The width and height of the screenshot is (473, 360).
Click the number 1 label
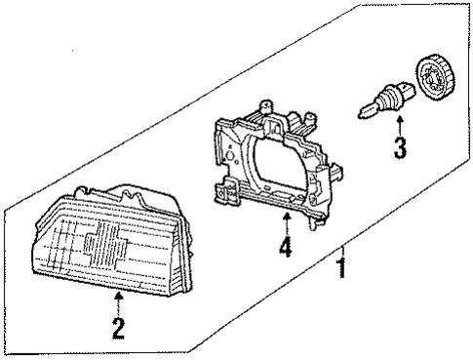coord(341,265)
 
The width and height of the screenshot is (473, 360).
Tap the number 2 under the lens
coord(118,328)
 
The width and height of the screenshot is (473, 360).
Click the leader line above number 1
coord(341,234)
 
